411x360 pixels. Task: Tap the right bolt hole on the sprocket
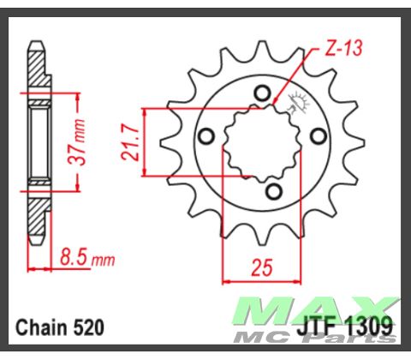coord(319,136)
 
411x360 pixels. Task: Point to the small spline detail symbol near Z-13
coord(299,102)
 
